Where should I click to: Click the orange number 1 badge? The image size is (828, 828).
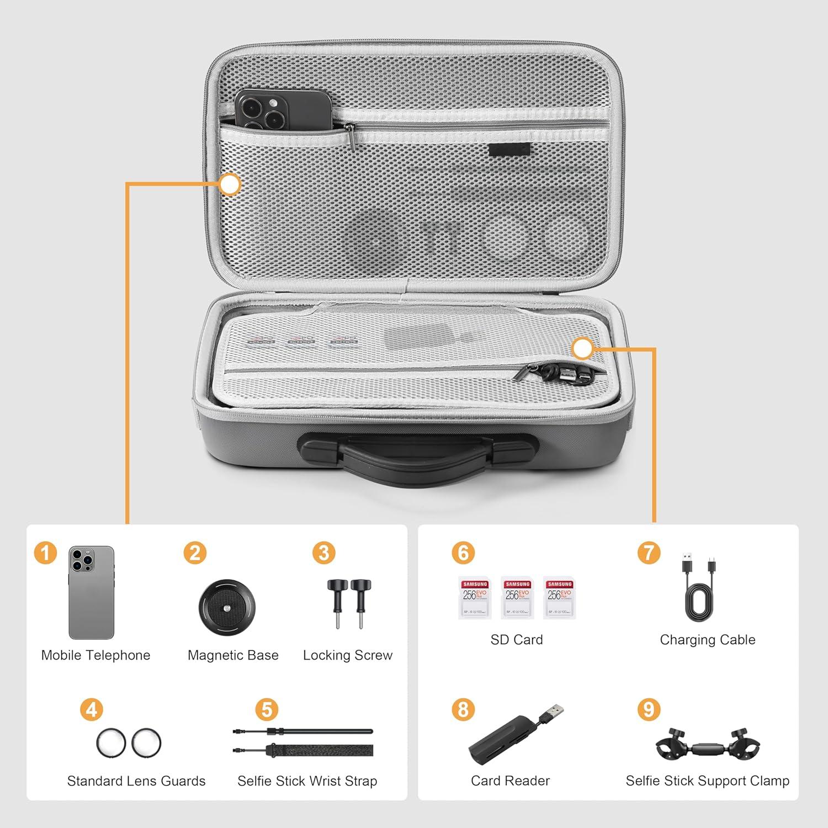point(45,553)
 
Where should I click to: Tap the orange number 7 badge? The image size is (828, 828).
point(649,553)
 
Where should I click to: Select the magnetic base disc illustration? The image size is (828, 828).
point(227,607)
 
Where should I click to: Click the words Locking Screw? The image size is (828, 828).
point(348,655)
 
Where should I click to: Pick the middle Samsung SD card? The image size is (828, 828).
point(518,598)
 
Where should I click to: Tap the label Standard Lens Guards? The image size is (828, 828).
point(136,781)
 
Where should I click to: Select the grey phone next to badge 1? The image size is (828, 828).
point(92,592)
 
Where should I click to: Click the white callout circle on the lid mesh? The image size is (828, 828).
point(229,184)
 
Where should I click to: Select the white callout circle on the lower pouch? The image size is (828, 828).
point(582,348)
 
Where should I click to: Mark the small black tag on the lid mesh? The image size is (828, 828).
point(509,149)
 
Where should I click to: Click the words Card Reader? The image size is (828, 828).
point(510,781)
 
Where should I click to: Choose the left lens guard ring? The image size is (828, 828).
point(111,743)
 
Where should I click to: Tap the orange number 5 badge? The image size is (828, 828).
point(267,710)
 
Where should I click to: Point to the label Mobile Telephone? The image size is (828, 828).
point(95,655)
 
